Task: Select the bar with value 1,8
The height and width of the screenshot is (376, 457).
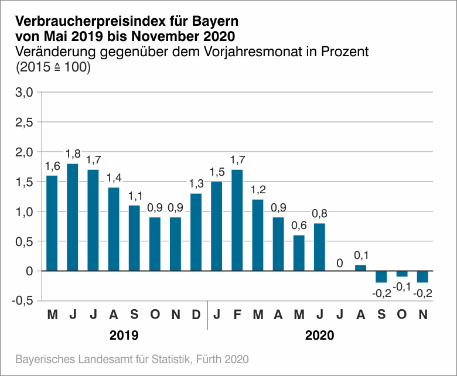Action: coord(73,217)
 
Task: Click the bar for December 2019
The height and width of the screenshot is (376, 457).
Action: coord(196,232)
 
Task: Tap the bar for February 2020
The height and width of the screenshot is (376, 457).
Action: coord(237,220)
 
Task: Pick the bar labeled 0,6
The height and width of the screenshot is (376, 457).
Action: coord(299,253)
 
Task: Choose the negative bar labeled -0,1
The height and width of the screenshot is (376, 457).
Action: coord(402,274)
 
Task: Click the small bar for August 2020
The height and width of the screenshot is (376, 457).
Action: coord(361,268)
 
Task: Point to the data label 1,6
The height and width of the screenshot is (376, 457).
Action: coord(52,166)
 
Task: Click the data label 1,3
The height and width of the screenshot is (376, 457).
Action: coord(196,184)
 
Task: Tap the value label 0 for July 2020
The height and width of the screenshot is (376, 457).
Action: coord(340,262)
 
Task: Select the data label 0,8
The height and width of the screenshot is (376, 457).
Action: coord(319,214)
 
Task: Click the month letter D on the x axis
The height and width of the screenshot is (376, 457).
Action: coord(196,315)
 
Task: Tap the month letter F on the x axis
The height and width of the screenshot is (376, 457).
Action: coord(237,315)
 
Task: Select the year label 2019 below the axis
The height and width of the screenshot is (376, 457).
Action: coord(124,336)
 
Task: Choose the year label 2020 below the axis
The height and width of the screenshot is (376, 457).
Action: coord(319,336)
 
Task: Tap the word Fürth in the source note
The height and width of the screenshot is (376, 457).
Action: coord(206,358)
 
